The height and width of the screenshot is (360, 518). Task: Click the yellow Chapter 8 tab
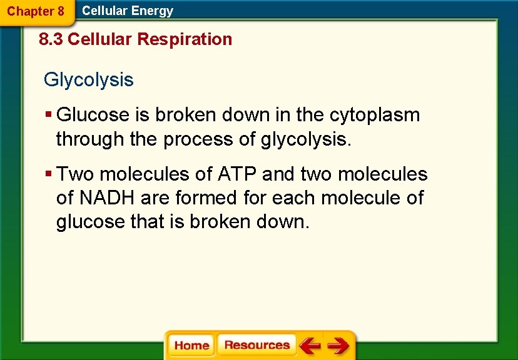(36, 11)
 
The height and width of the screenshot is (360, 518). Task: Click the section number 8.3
(51, 39)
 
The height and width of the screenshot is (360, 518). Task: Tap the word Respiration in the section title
(185, 39)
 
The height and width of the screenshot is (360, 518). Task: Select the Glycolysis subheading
(88, 80)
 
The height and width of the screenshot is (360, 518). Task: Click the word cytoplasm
(375, 115)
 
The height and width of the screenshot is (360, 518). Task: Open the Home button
(191, 346)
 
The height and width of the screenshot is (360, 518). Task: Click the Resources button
(257, 345)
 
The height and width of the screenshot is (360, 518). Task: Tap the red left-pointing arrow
(310, 346)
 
